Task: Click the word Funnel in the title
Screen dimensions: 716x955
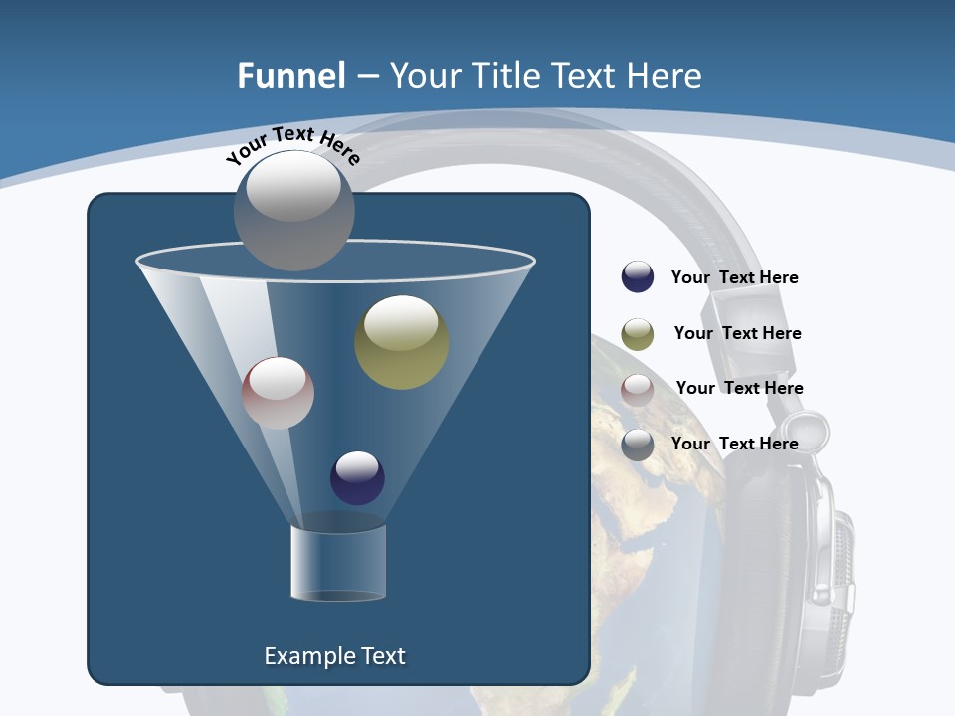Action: (290, 75)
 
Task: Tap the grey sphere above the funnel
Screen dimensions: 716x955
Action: (293, 210)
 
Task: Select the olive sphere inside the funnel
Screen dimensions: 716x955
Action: (401, 342)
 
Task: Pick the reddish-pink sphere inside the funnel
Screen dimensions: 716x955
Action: (278, 393)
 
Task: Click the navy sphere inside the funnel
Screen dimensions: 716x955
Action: (357, 477)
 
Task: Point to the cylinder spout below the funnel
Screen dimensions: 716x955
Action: (338, 562)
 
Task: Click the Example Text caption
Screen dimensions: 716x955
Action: (334, 656)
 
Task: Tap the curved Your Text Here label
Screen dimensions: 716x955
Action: (293, 145)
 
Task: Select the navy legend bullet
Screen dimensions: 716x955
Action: (638, 277)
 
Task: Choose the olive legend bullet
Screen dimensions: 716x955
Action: (638, 334)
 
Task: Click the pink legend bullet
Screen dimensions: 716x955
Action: (638, 390)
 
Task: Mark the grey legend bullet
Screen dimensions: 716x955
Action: (638, 445)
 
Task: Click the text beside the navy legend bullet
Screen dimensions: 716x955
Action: (734, 277)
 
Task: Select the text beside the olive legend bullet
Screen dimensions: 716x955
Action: (737, 333)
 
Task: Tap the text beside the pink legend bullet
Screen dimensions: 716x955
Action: (739, 388)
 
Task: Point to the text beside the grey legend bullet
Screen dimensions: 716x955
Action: (734, 444)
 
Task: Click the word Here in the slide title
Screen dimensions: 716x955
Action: (664, 75)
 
